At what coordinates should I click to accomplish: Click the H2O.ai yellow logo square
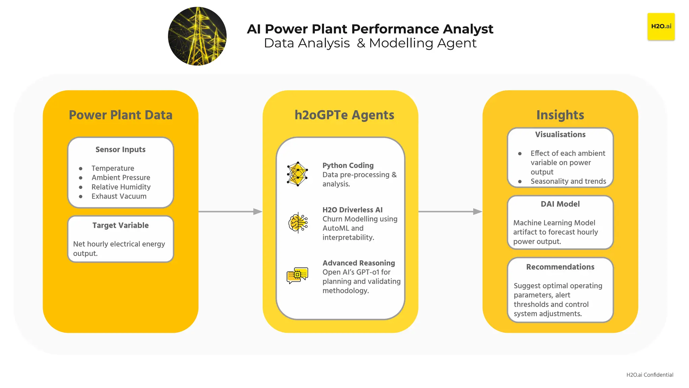[x=661, y=27]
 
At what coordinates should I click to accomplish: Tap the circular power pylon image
[x=197, y=36]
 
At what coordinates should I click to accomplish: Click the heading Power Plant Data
[x=120, y=115]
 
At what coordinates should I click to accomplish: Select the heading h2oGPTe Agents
[x=344, y=115]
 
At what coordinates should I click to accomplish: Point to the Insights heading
[x=560, y=115]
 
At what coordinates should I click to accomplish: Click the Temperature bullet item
[x=113, y=168]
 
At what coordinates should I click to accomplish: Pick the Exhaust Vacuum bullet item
[x=119, y=196]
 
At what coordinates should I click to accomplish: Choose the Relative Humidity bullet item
[x=121, y=187]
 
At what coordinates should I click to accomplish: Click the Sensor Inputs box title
[x=120, y=150]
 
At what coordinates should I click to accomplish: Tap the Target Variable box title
[x=120, y=225]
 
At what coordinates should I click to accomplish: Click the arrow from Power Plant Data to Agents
[x=230, y=212]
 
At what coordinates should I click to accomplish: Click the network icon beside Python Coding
[x=297, y=174]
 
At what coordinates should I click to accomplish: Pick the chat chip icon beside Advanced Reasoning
[x=297, y=275]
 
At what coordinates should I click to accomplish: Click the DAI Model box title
[x=560, y=204]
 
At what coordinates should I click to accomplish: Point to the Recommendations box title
[x=560, y=267]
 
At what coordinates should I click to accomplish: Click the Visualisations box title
[x=560, y=135]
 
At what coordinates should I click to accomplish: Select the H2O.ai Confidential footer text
[x=649, y=375]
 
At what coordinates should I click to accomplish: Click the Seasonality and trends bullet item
[x=568, y=182]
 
